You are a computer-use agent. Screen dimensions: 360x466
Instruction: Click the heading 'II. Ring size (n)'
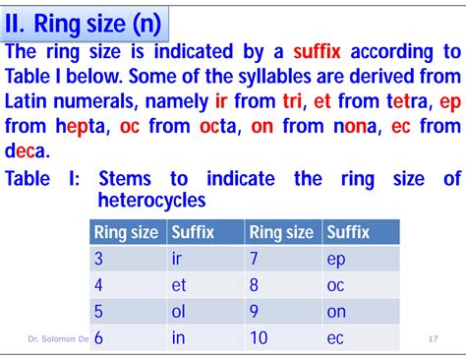click(x=84, y=21)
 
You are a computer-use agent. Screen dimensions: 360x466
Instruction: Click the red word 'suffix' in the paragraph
click(x=307, y=51)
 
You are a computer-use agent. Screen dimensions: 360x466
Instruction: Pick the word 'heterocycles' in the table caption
click(x=151, y=200)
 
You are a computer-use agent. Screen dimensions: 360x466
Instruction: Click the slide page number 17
click(x=434, y=339)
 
